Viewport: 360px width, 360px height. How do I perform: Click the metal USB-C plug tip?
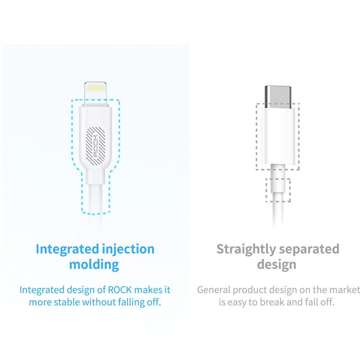pyautogui.click(x=278, y=94)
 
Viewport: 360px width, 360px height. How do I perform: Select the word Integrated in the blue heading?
pyautogui.click(x=67, y=249)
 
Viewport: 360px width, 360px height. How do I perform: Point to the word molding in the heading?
pyautogui.click(x=94, y=265)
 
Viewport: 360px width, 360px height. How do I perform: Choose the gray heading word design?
pyautogui.click(x=276, y=265)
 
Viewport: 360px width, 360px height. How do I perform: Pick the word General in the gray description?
pyautogui.click(x=213, y=290)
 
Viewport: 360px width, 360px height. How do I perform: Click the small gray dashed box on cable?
pyautogui.click(x=278, y=189)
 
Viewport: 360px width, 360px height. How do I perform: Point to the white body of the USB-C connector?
pyautogui.click(x=278, y=135)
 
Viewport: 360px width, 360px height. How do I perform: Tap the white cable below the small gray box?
pyautogui.click(x=278, y=214)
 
